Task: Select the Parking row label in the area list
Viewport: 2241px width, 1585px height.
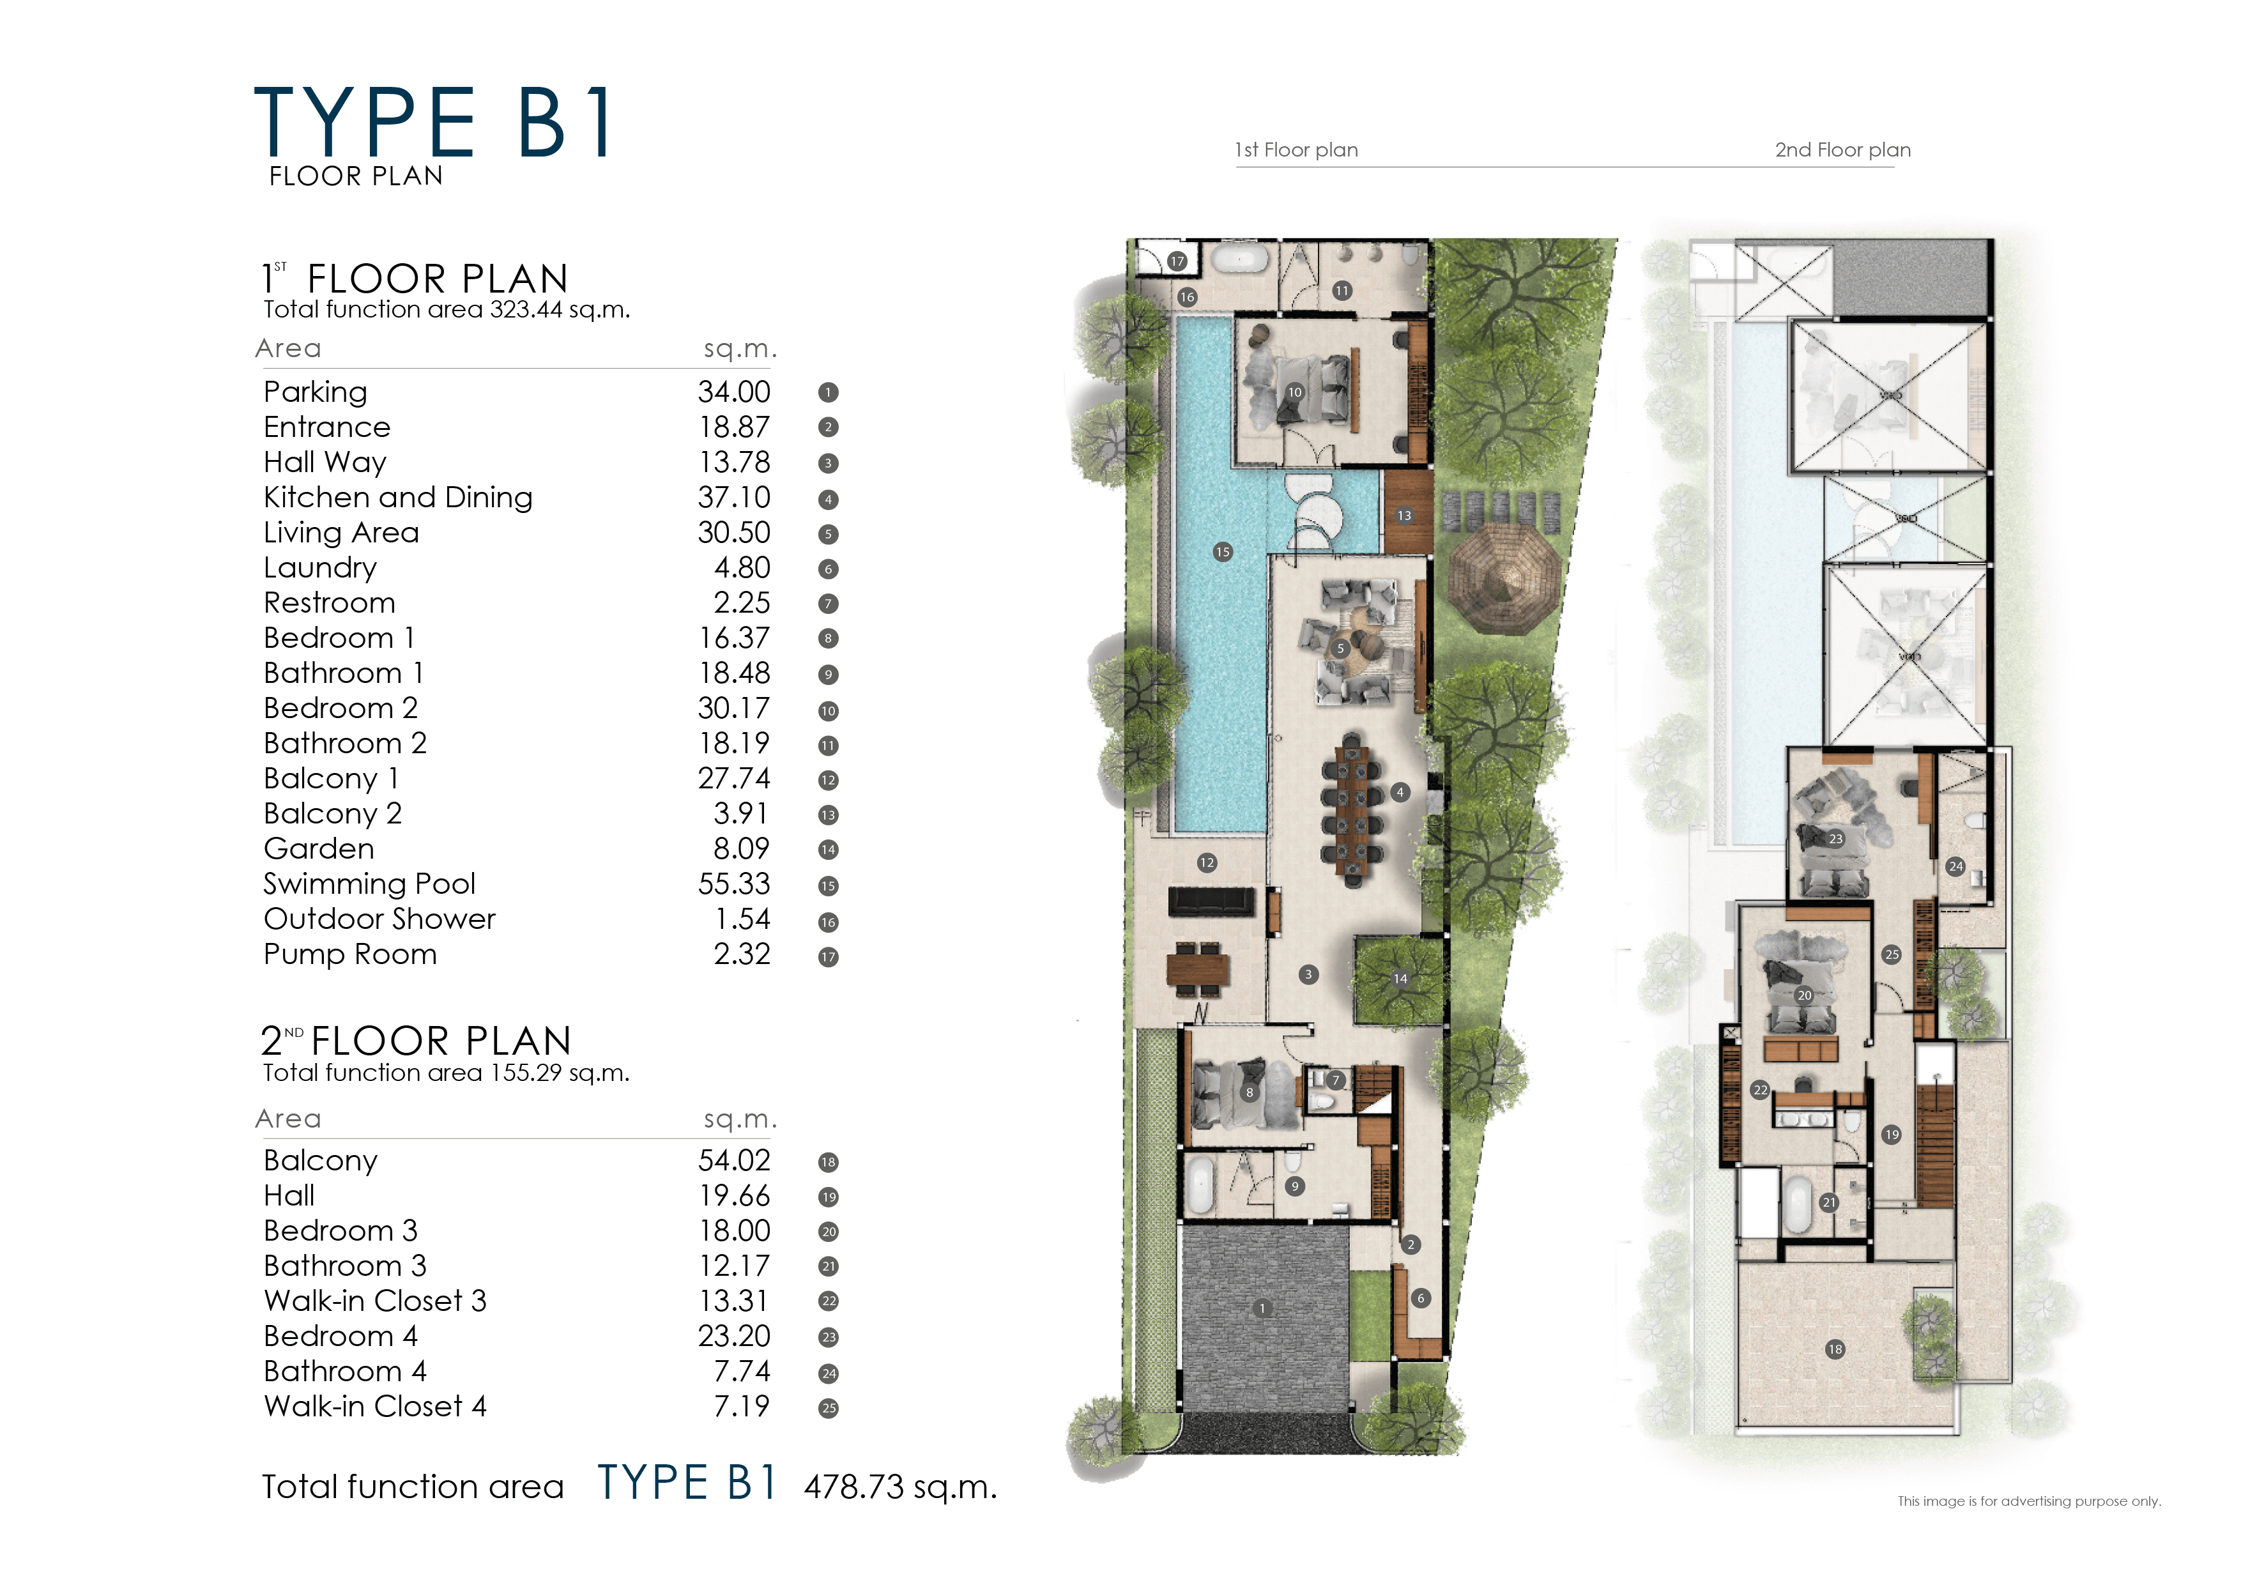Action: [316, 392]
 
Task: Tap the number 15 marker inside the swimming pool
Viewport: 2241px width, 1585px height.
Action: [1222, 553]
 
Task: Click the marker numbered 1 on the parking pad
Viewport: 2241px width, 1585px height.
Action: [1262, 1309]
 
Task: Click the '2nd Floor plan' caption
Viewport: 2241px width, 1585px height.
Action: [1842, 150]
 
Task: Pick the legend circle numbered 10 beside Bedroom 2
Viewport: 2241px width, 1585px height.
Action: [828, 710]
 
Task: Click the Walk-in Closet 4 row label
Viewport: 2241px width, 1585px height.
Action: [375, 1406]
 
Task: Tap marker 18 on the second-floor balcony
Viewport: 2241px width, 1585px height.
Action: [1834, 1350]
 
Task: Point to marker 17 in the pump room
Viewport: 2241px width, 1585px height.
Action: [1177, 261]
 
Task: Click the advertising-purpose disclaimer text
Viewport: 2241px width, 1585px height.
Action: [2028, 1501]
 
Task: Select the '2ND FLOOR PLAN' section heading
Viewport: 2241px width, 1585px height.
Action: [416, 1041]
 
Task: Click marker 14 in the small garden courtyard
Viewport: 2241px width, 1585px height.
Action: [1400, 979]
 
